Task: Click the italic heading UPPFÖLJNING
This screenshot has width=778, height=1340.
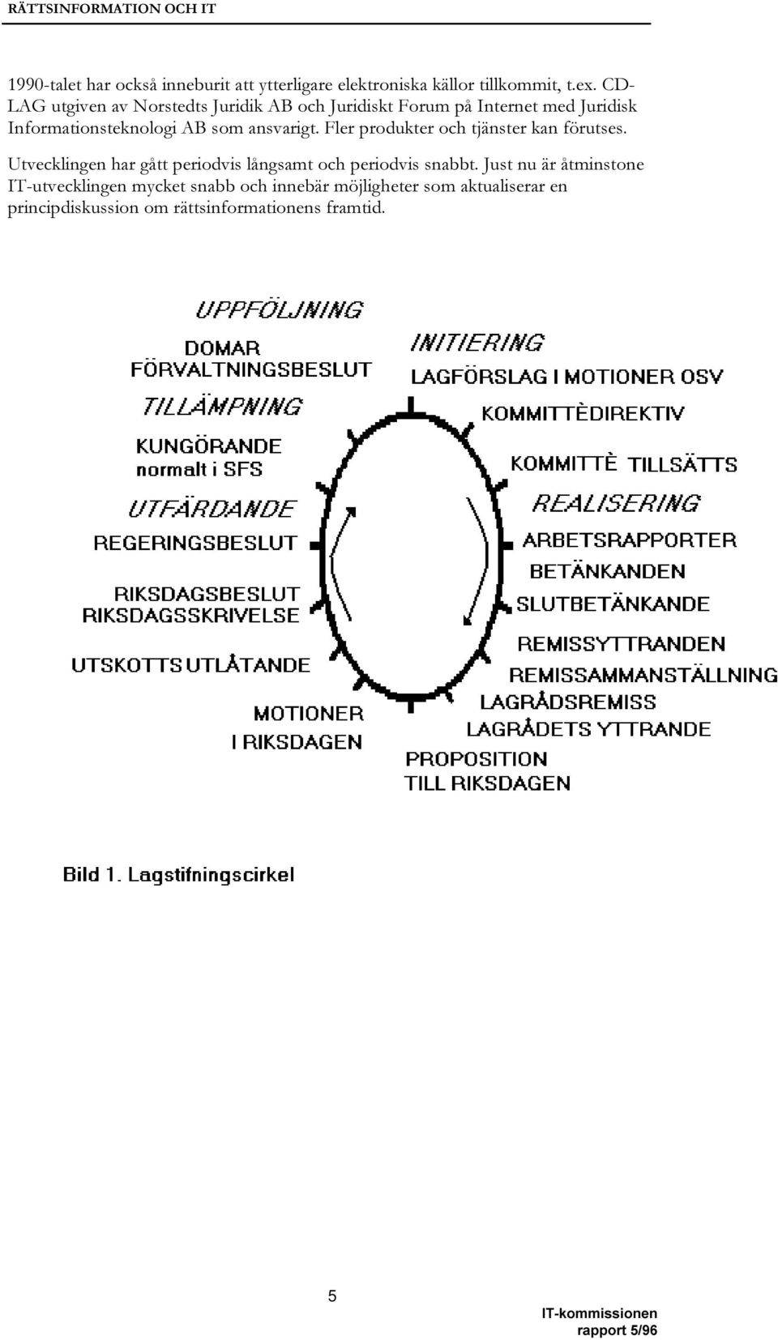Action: pos(279,309)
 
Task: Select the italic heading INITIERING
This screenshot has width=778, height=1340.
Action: pos(477,343)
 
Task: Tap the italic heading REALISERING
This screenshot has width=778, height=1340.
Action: pos(616,502)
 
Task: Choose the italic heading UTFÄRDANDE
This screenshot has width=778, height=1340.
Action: pos(212,509)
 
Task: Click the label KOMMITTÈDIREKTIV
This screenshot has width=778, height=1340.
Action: pos(583,413)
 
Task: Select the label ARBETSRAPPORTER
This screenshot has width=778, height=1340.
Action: pos(630,540)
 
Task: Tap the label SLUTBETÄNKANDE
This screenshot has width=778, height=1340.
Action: pos(613,604)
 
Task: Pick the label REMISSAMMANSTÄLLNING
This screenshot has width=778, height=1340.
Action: pos(643,675)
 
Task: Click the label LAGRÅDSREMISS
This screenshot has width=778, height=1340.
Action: pos(568,702)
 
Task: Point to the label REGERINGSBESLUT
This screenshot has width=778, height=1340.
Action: pos(195,543)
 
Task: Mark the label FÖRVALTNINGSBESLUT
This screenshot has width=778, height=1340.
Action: pos(251,369)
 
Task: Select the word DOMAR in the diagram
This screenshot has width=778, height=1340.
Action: pos(223,348)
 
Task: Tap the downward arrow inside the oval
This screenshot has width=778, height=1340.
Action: pos(478,561)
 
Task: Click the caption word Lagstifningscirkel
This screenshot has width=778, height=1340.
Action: pos(212,875)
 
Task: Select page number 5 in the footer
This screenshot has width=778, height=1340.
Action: pos(332,1295)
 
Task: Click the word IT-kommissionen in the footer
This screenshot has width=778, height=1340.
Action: pos(599,1313)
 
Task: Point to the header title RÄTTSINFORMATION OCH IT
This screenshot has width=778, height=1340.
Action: pos(109,9)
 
